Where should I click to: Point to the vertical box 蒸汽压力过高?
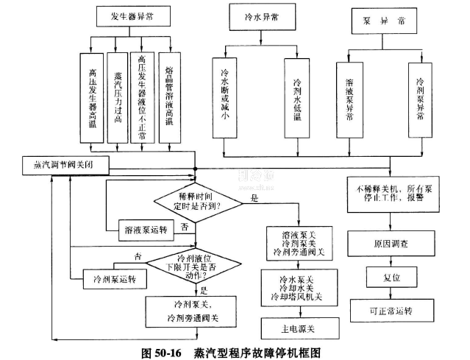(118, 96)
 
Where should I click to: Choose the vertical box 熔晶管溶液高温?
(169, 96)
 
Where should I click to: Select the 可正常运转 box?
(388, 310)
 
